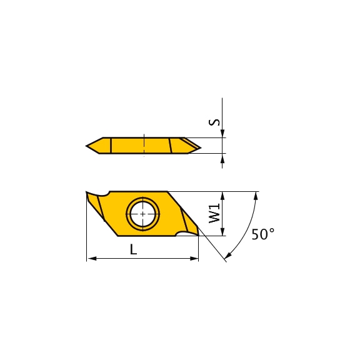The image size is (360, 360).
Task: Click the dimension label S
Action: (214, 122)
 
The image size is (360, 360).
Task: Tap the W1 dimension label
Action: (214, 214)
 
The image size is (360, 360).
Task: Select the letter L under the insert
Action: (133, 249)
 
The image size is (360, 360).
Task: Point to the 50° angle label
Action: (263, 234)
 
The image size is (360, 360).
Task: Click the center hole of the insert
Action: (142, 214)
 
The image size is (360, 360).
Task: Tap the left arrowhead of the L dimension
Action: (92, 259)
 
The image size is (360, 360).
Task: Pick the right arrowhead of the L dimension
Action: (194, 259)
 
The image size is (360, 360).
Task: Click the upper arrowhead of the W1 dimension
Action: (222, 196)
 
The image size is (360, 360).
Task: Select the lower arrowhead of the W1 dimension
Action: (222, 231)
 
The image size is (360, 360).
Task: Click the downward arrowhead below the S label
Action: (222, 134)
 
